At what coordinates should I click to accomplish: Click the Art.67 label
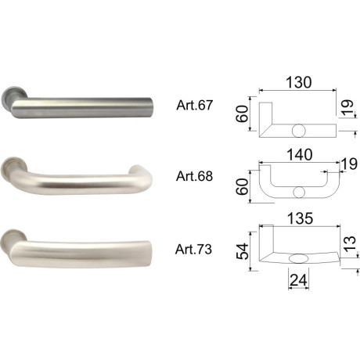194,106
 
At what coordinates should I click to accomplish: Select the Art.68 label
194,176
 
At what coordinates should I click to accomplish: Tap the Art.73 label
193,249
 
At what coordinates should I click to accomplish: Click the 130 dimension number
299,82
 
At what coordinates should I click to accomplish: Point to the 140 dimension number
300,155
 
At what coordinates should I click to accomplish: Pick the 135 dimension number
300,218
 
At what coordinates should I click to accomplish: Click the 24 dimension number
299,281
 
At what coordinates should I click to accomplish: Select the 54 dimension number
243,251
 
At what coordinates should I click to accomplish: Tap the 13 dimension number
350,244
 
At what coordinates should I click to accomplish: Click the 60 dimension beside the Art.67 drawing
242,113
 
